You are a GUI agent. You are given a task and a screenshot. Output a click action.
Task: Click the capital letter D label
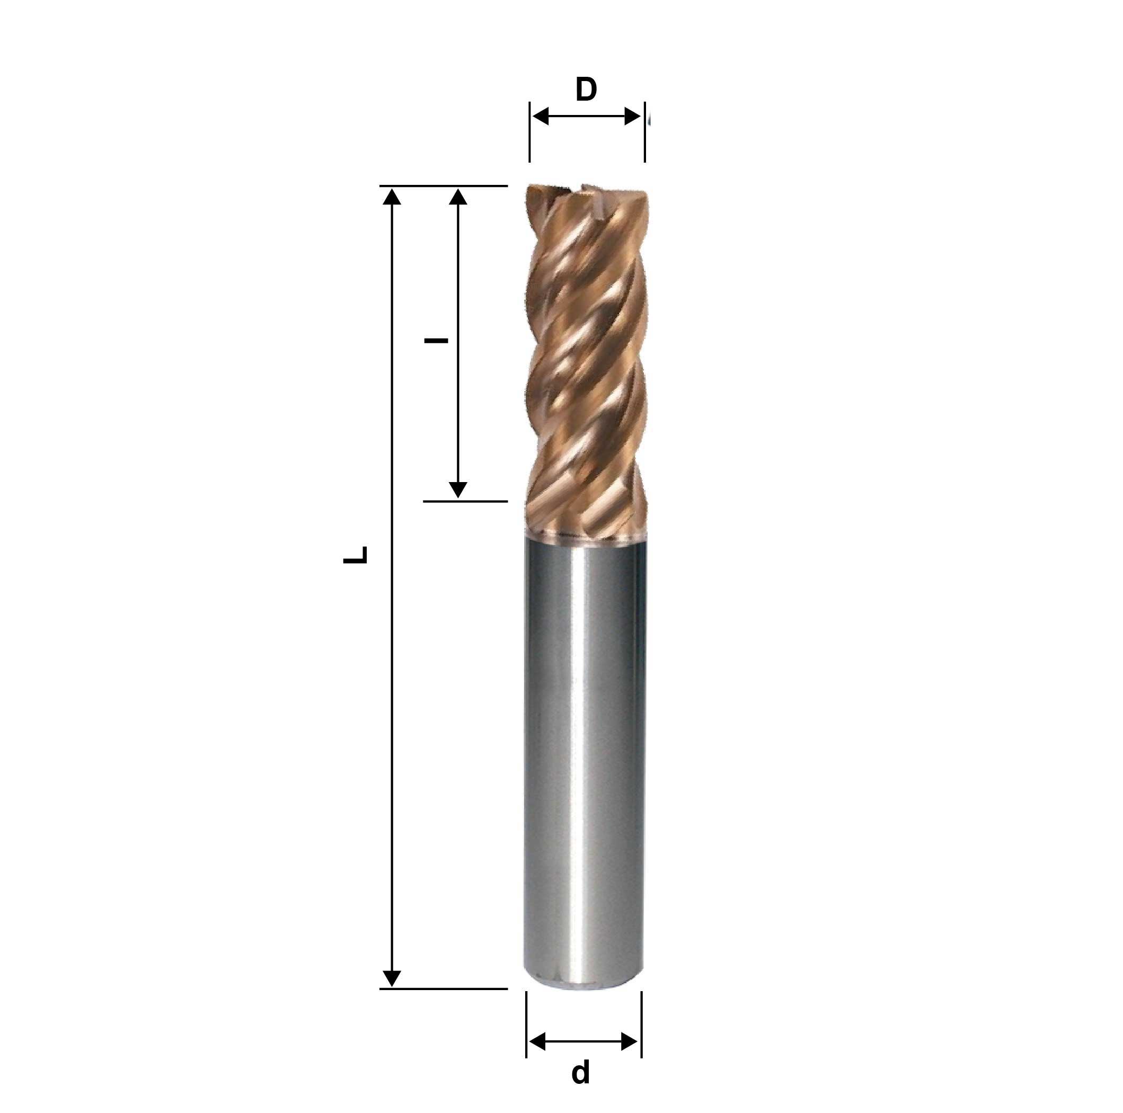pos(586,90)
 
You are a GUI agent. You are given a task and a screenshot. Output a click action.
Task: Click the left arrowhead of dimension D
pos(541,116)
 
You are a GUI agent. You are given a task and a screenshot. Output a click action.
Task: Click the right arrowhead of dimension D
pos(632,116)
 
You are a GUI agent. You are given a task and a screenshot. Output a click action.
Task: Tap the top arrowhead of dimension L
pos(393,197)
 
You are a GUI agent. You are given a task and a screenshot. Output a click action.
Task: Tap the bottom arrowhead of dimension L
pos(393,978)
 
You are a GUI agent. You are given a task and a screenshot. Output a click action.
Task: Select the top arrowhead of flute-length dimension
pos(458,197)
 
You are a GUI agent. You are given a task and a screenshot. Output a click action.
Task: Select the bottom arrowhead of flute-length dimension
pos(458,490)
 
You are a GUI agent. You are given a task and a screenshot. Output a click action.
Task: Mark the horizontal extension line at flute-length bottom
pos(465,501)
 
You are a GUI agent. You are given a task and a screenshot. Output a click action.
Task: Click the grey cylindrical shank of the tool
pos(584,755)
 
